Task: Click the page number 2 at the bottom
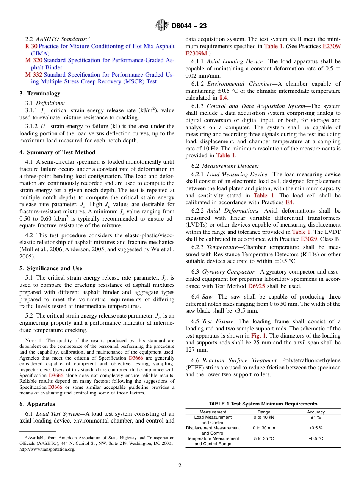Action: click(180, 466)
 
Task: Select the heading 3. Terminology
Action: click(40, 93)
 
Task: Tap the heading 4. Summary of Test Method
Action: click(57, 152)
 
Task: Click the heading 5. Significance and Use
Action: click(51, 268)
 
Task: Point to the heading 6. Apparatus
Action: click(37, 404)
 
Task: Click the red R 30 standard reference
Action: click(31, 46)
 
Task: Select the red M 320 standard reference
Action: click(33, 60)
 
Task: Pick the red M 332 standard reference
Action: click(33, 75)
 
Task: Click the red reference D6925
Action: click(257, 286)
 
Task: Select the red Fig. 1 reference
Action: click(259, 336)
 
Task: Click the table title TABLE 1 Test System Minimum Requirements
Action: click(263, 404)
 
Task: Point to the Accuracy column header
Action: click(316, 412)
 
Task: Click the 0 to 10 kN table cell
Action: click(264, 417)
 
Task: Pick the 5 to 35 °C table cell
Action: click(264, 438)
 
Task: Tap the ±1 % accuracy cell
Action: click(316, 417)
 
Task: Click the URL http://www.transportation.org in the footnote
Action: click(47, 449)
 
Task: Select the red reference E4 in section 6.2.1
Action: click(289, 203)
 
